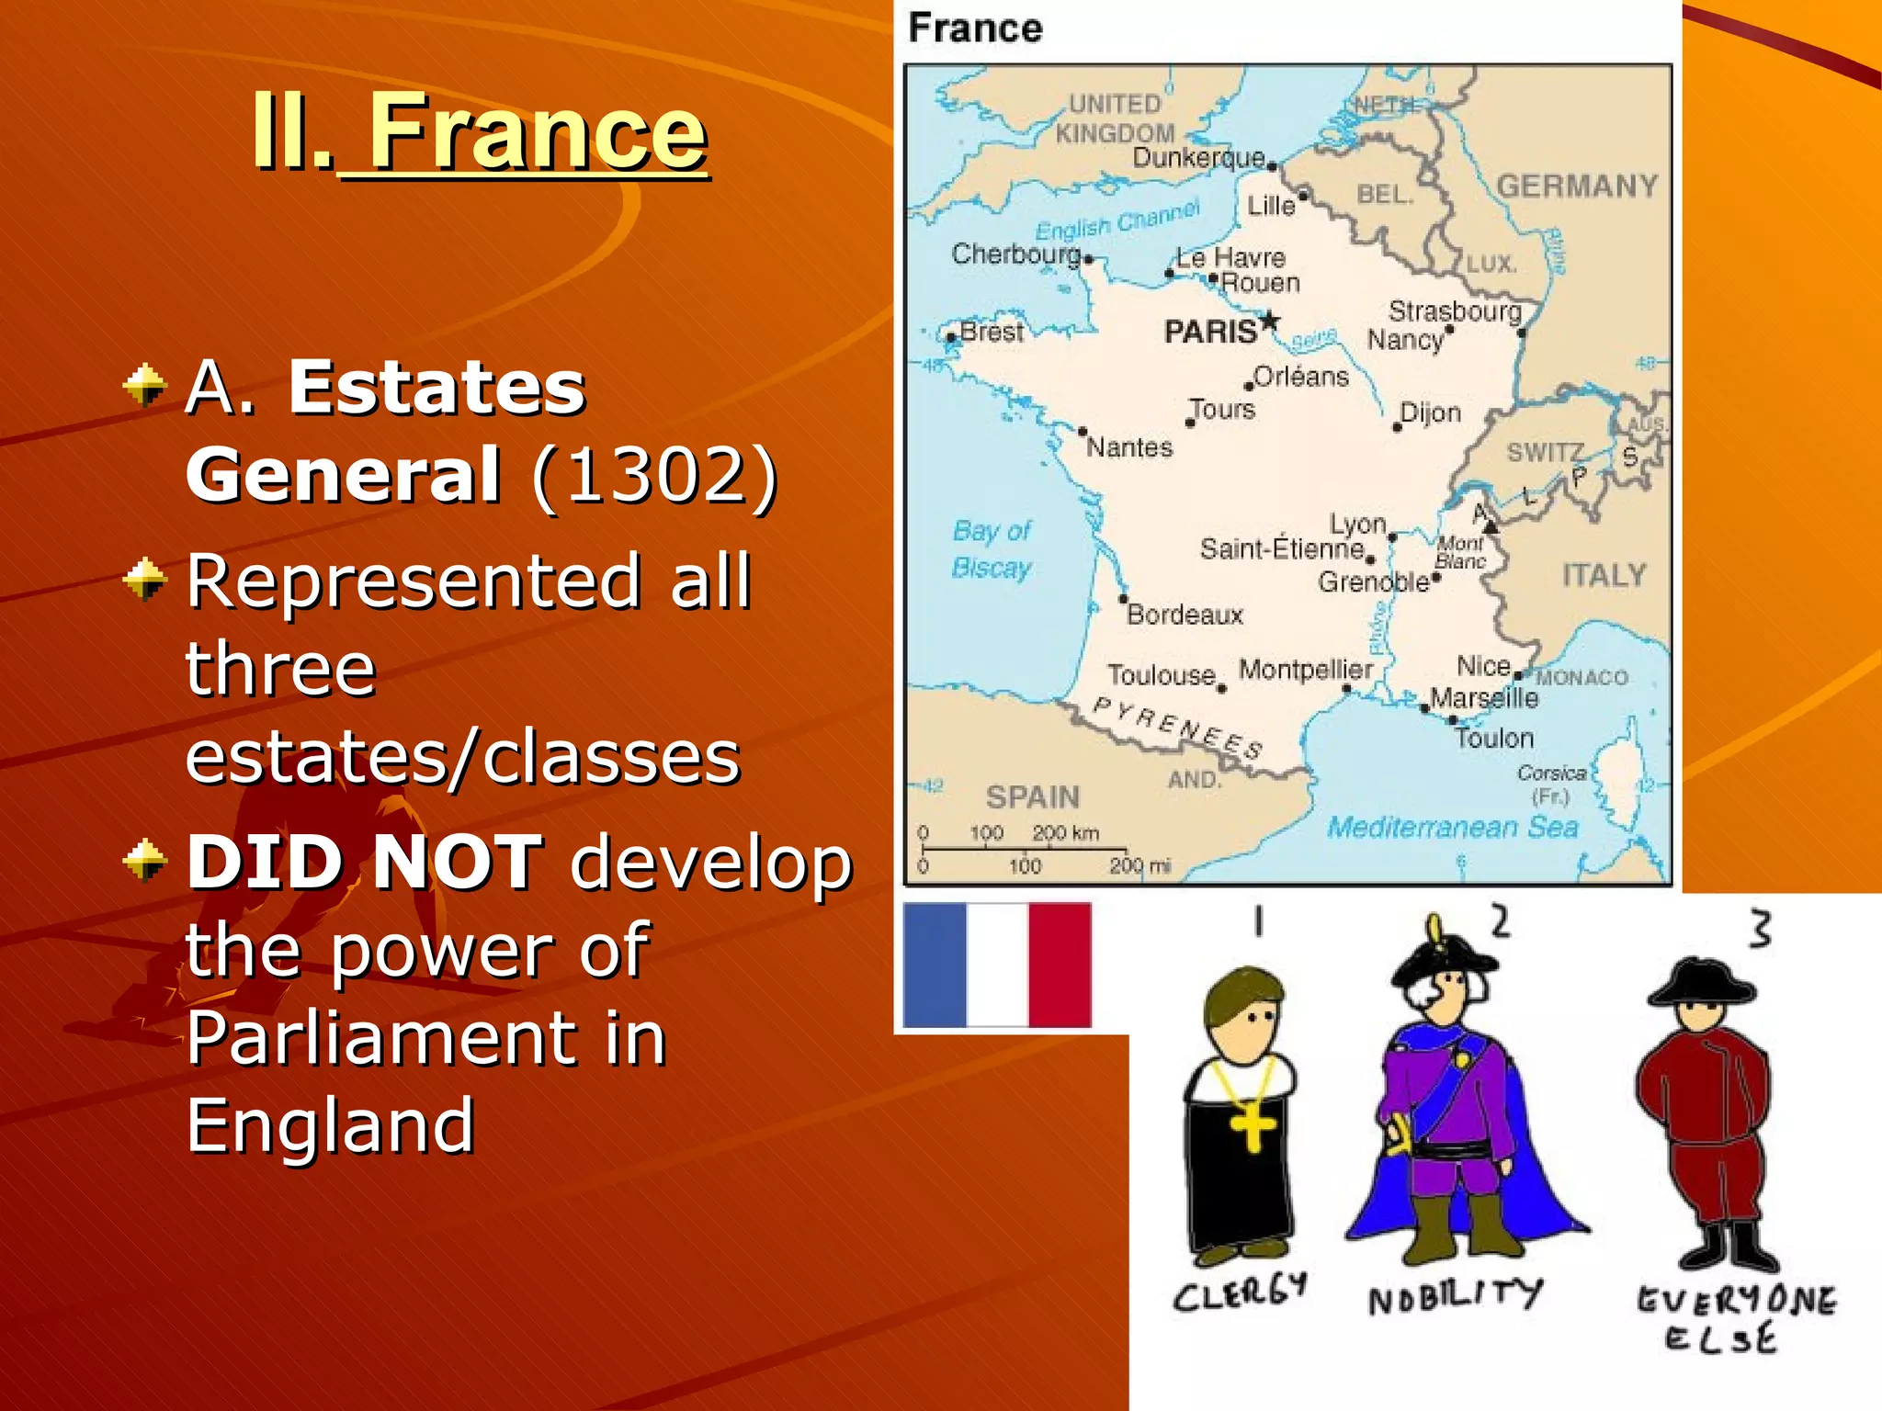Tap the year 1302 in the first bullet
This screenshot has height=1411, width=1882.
(x=653, y=475)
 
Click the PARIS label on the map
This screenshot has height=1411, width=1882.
(x=1210, y=332)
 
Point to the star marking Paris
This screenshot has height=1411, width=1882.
(x=1269, y=322)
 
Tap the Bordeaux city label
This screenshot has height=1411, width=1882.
(x=1185, y=615)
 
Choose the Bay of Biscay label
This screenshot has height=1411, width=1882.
(x=992, y=549)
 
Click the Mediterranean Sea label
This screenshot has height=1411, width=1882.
(x=1452, y=827)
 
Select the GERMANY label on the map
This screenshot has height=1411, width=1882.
(x=1577, y=186)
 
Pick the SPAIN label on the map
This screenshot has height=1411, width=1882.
(x=1032, y=796)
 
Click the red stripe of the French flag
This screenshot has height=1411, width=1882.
(x=1060, y=965)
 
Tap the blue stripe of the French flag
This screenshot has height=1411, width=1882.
(x=935, y=965)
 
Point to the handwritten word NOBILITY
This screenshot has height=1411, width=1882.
(x=1455, y=1296)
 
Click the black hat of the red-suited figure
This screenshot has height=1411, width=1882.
(x=1701, y=984)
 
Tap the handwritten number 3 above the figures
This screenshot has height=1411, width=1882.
(x=1760, y=929)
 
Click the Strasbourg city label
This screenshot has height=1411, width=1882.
(x=1455, y=311)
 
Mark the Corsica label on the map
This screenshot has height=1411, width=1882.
(x=1551, y=773)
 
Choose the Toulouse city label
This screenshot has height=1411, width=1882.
(x=1162, y=675)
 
